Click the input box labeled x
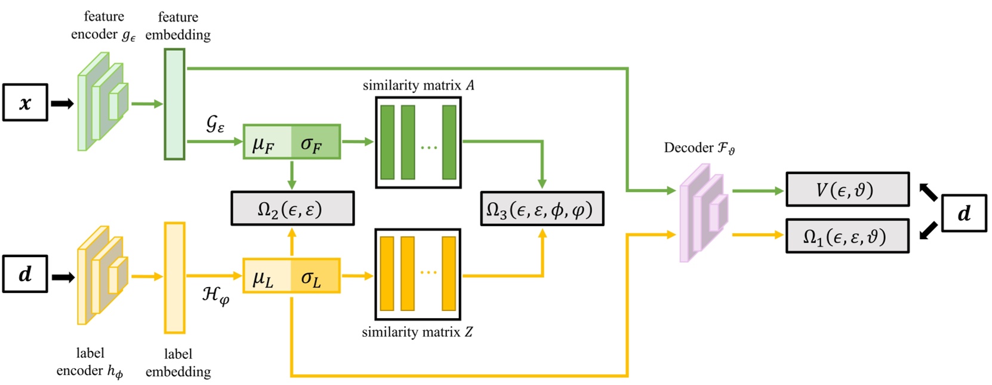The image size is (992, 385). coord(25,103)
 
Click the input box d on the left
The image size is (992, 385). coord(25,274)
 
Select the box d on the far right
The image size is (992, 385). coord(963,213)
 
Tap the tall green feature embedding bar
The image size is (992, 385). coord(174,104)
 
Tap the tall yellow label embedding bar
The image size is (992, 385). coord(174,277)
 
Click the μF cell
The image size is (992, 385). coord(266,142)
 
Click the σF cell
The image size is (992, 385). coord(315,142)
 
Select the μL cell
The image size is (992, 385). coord(266,276)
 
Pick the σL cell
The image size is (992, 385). coord(315,276)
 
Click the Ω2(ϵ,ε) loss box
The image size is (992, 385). coord(292,208)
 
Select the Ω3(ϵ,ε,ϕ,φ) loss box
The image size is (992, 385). coord(542,208)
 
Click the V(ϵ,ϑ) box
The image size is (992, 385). coord(847,190)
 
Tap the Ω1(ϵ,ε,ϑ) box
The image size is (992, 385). coord(847,236)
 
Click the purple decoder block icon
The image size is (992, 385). coord(703,213)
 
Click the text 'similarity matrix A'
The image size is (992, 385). coord(418,85)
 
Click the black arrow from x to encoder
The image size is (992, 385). coord(62,103)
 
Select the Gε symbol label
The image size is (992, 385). coord(215,124)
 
